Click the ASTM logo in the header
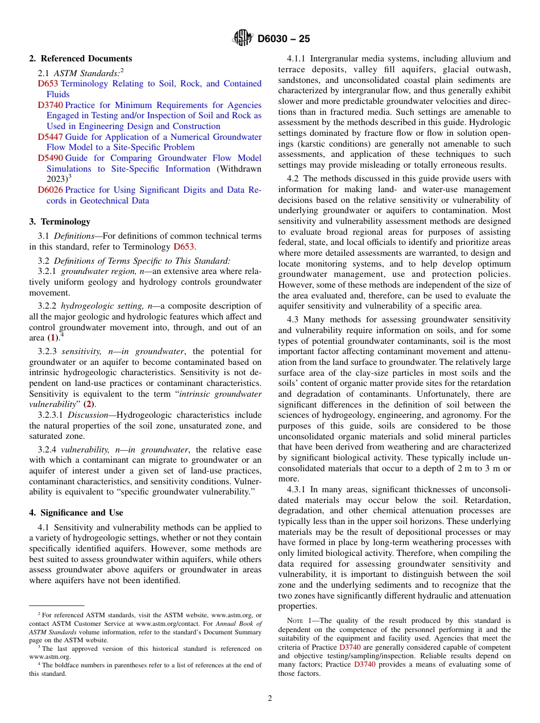(x=243, y=39)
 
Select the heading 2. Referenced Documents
(x=81, y=59)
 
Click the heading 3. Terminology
(x=60, y=222)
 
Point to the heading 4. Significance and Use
(x=76, y=513)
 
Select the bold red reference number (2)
(x=88, y=405)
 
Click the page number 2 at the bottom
(x=270, y=699)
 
